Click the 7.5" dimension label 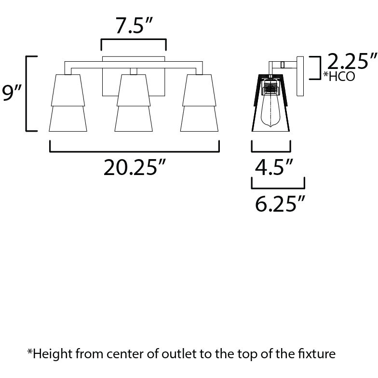click(x=133, y=26)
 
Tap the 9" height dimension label click(x=11, y=94)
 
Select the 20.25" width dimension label click(x=135, y=167)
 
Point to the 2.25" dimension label click(x=351, y=62)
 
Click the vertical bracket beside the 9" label click(x=29, y=94)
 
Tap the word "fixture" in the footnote click(x=316, y=355)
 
